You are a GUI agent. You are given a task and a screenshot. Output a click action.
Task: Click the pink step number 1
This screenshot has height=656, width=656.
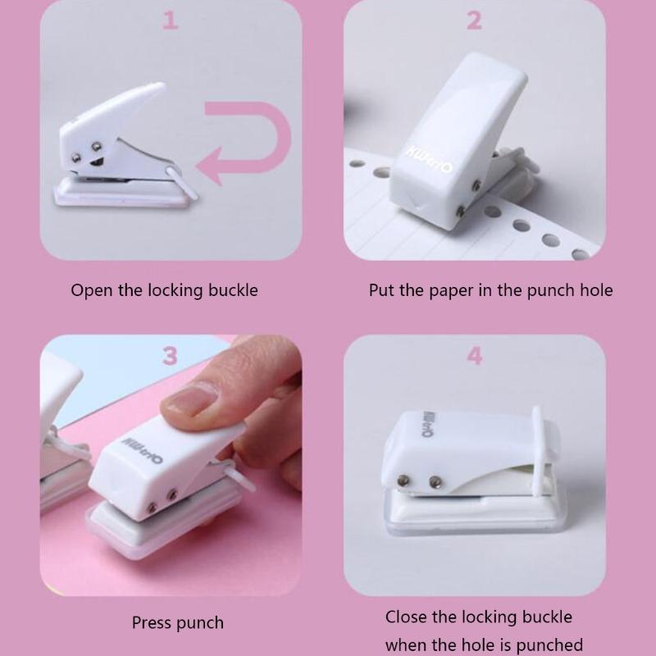[171, 20]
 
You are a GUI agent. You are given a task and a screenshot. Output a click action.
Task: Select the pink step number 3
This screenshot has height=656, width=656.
[170, 356]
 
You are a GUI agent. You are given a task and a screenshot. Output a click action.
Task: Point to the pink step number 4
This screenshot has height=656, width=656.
[474, 357]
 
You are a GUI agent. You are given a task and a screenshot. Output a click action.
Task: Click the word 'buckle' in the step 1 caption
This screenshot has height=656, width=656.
[230, 290]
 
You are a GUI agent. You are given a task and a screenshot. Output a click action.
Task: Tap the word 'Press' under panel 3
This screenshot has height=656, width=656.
[153, 623]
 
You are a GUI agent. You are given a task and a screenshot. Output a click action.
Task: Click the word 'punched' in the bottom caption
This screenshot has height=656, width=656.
[552, 645]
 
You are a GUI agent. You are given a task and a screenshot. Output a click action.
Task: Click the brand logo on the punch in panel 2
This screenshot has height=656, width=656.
[429, 160]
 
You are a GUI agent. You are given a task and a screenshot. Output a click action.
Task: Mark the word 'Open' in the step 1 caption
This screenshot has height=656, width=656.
[89, 290]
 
